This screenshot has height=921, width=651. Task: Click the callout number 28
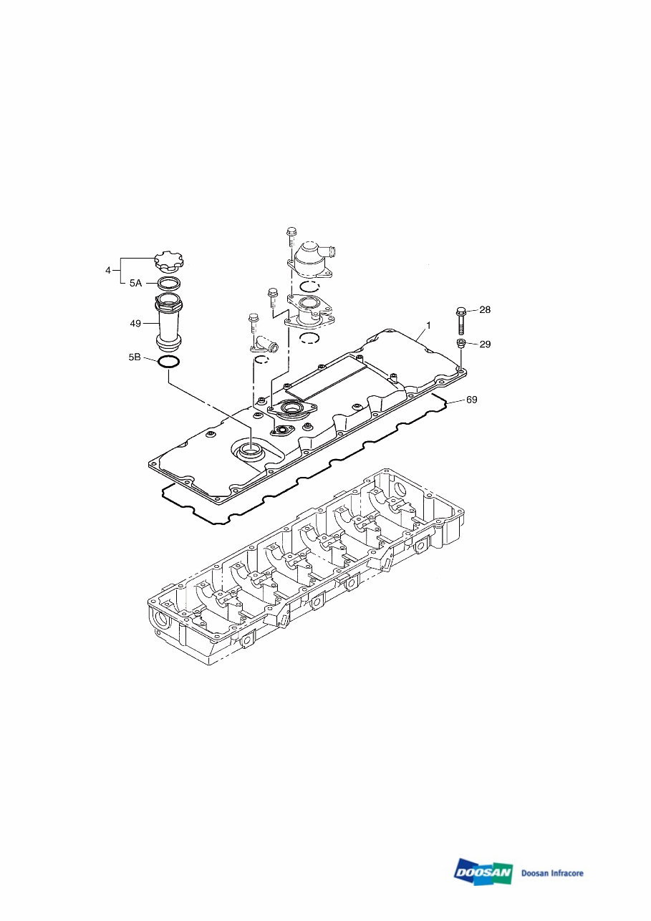click(x=485, y=310)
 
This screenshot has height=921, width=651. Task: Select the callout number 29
click(x=485, y=344)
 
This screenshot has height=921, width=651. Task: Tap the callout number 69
click(x=471, y=398)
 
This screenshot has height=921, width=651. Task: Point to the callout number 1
click(x=428, y=325)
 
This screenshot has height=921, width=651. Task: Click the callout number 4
click(x=108, y=270)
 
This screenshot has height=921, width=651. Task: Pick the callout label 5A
click(x=136, y=283)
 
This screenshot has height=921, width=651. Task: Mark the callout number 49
click(x=135, y=324)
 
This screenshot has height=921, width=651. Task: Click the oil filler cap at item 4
click(x=169, y=262)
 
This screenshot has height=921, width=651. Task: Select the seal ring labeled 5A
click(x=169, y=282)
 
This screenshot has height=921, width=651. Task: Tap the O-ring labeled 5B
click(x=168, y=362)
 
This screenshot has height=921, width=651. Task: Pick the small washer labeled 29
click(x=461, y=344)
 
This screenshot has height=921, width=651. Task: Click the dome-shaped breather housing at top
click(x=310, y=258)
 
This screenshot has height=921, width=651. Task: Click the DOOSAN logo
click(x=483, y=872)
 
